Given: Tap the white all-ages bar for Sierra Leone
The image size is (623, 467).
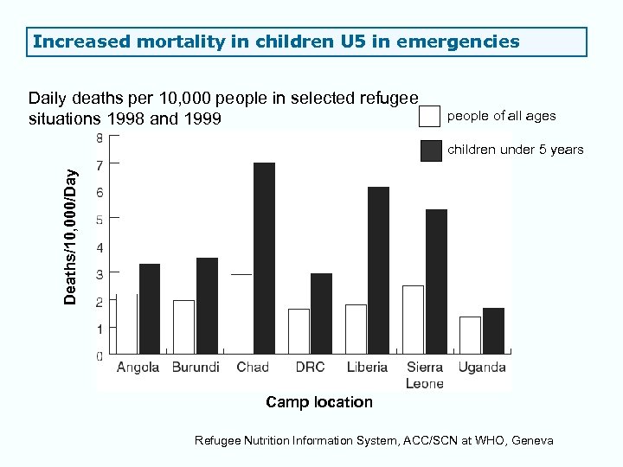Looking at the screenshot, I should [x=413, y=319].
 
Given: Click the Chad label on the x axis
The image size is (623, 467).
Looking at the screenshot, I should [x=253, y=367].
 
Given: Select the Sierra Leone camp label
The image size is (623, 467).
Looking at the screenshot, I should [x=424, y=374].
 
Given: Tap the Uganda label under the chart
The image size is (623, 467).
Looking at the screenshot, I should [x=482, y=367].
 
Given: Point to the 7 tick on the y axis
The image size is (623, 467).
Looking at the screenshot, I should [x=100, y=164].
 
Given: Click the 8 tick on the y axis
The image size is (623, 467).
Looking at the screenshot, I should [x=100, y=138].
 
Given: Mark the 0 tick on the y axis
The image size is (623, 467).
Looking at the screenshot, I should [x=100, y=355].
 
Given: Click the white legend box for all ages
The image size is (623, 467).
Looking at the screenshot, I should [x=430, y=116].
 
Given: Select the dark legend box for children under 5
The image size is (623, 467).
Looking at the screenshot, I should [x=430, y=150].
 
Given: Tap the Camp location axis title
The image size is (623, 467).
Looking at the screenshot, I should [x=319, y=402].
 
